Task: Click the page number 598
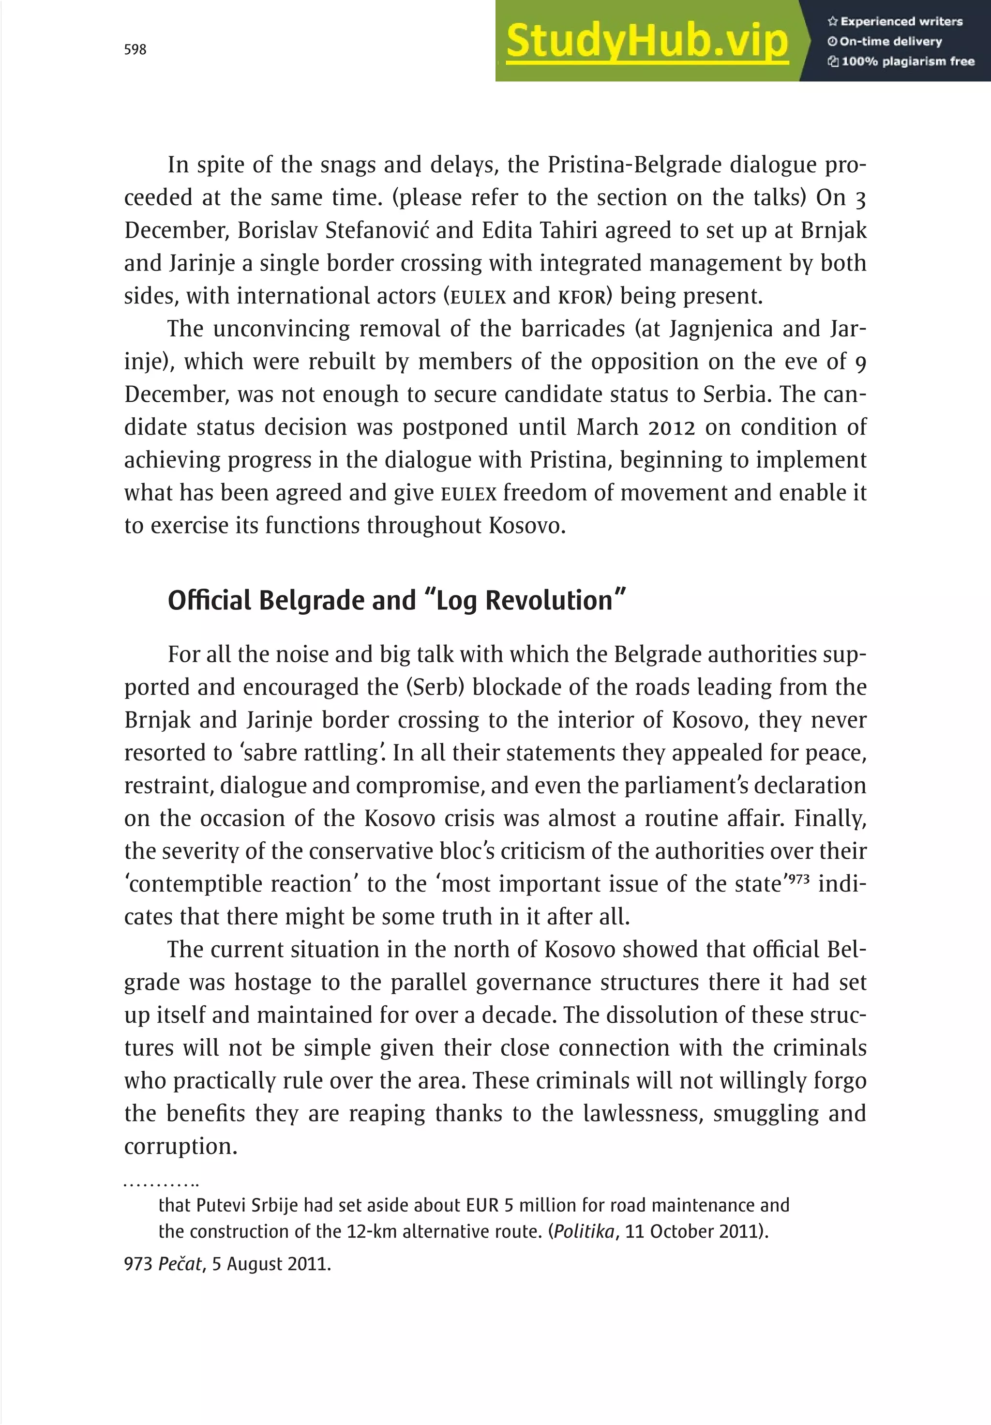[135, 50]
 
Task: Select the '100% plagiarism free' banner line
[901, 61]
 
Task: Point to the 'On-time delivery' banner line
[885, 42]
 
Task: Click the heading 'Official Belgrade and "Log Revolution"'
[396, 601]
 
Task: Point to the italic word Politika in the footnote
[583, 1231]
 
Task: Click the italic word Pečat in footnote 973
[180, 1264]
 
